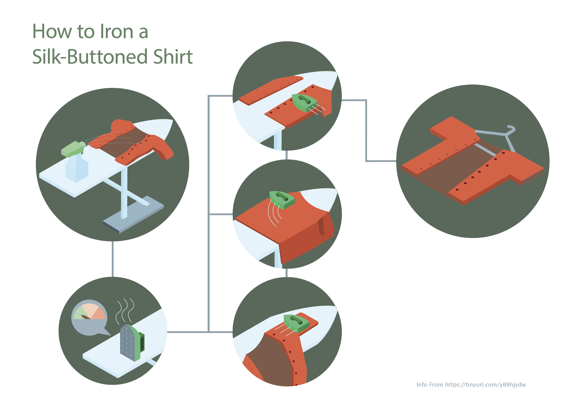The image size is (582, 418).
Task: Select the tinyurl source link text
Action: (x=485, y=385)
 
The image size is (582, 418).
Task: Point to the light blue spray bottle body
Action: (x=77, y=168)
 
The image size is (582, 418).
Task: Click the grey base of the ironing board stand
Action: (x=133, y=214)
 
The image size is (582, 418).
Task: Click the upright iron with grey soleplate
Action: (x=132, y=343)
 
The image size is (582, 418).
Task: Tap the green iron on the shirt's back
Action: (x=282, y=200)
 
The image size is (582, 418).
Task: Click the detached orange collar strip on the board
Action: (x=271, y=90)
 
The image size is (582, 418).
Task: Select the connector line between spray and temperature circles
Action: (x=113, y=259)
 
